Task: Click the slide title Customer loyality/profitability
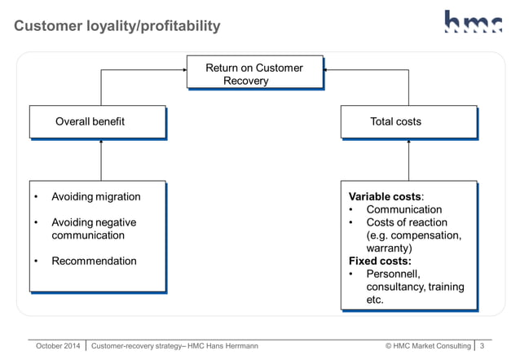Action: coord(117,26)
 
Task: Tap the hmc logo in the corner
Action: coord(472,22)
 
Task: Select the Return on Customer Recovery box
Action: coord(254,74)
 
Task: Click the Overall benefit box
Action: coord(97,121)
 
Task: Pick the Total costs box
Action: coord(408,121)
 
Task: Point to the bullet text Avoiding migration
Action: coord(95,196)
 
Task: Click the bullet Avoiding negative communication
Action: coord(93,229)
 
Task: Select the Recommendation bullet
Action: coord(94,261)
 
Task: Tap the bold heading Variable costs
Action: coord(385,196)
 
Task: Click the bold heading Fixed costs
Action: coord(380,261)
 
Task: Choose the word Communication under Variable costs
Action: coord(404,209)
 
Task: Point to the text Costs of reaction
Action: coord(407,222)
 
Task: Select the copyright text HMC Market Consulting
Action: coord(428,346)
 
